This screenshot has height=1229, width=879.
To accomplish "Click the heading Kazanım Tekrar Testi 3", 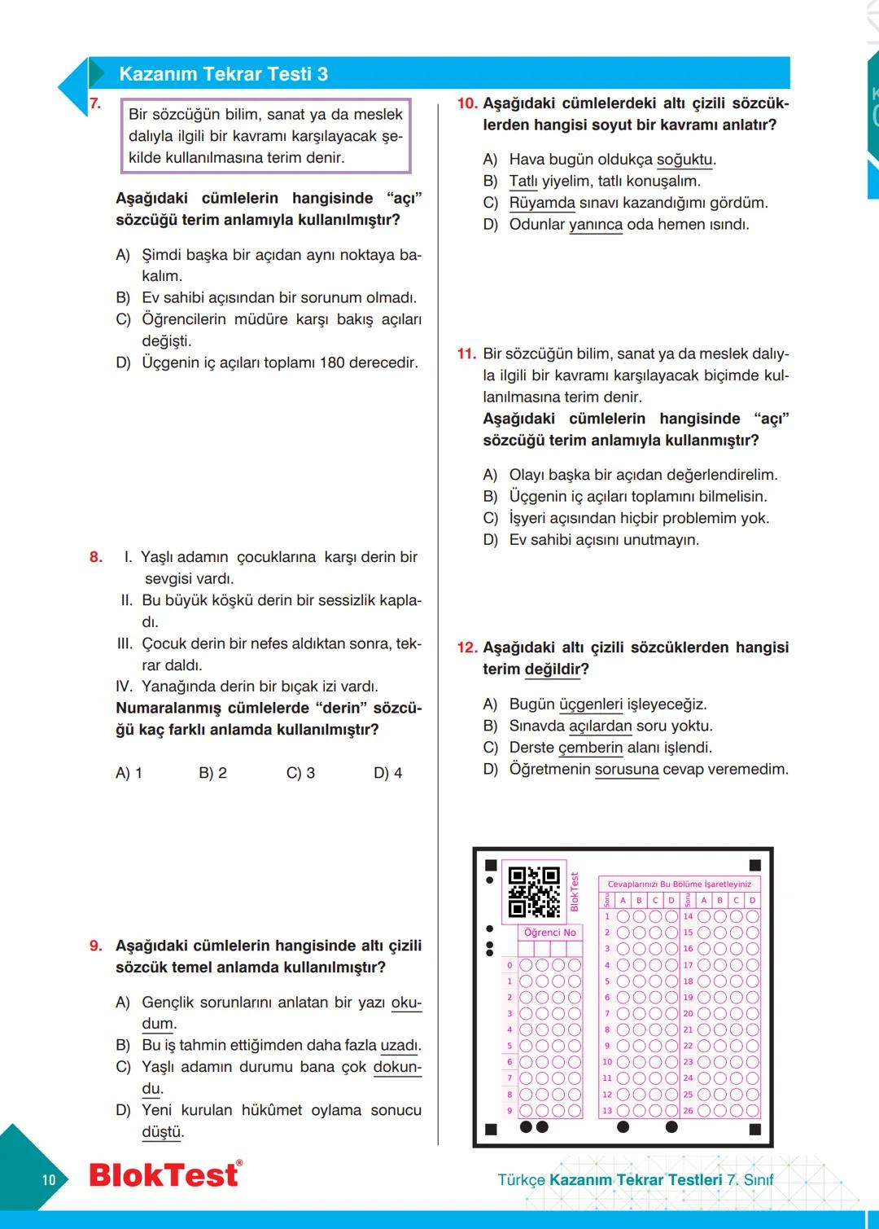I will pyautogui.click(x=223, y=74).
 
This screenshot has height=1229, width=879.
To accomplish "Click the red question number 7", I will pyautogui.click(x=95, y=103).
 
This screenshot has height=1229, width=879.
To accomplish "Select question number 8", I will pyautogui.click(x=96, y=557).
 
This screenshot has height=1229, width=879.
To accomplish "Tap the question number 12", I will pyautogui.click(x=467, y=647).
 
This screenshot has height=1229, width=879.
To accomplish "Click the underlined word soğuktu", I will pyautogui.click(x=684, y=160).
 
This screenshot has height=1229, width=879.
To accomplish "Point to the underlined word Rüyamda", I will pyautogui.click(x=542, y=203).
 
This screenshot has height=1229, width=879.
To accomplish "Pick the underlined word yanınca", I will pyautogui.click(x=596, y=225).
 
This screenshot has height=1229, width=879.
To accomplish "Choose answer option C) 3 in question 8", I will pyautogui.click(x=300, y=773).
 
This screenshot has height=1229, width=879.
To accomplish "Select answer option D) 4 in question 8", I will pyautogui.click(x=387, y=773).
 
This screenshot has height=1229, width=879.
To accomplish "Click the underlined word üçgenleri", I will pyautogui.click(x=591, y=704).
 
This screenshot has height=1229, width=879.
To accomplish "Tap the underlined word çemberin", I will pyautogui.click(x=591, y=748).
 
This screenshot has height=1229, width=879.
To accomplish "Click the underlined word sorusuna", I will pyautogui.click(x=627, y=770).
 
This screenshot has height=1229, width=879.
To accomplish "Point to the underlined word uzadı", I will pyautogui.click(x=400, y=1046).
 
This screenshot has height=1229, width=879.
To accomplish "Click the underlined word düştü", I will pyautogui.click(x=163, y=1132).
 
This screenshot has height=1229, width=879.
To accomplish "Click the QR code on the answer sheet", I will pyautogui.click(x=534, y=893).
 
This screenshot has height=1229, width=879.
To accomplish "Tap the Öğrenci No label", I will pyautogui.click(x=549, y=933).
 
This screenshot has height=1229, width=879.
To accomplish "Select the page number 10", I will pyautogui.click(x=49, y=1179).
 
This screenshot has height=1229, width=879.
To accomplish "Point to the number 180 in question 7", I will pyautogui.click(x=332, y=363).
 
